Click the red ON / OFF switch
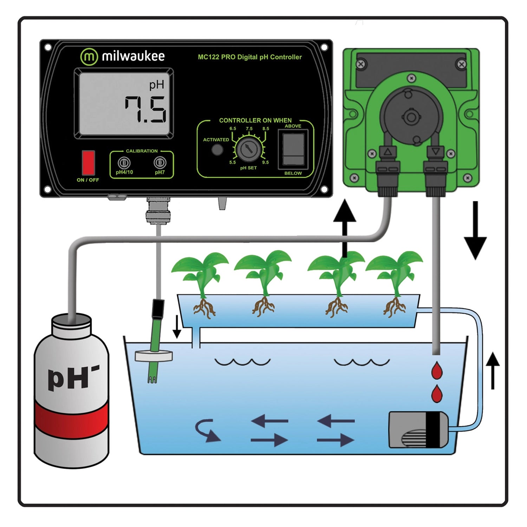[x=88, y=163]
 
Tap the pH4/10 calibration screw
[x=124, y=163]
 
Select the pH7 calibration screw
[x=160, y=162]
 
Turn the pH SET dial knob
[x=248, y=149]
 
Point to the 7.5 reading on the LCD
[x=145, y=110]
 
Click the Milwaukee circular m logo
[x=89, y=57]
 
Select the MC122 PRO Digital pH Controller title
[x=249, y=57]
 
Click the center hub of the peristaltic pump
[x=410, y=117]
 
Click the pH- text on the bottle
[x=73, y=378]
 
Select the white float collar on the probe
[x=154, y=356]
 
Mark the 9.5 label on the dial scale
[x=265, y=162]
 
